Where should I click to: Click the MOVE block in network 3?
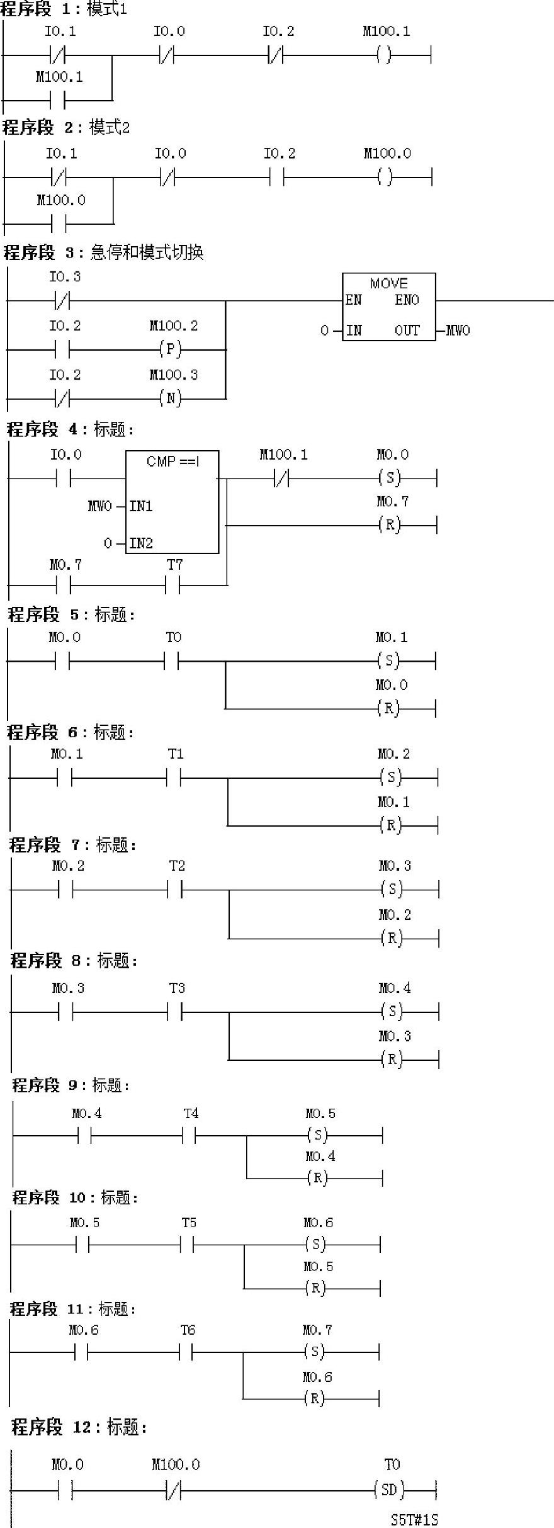tap(388, 307)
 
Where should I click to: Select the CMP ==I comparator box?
tap(172, 502)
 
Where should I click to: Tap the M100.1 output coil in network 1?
tap(384, 55)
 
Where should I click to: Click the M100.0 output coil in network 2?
tap(385, 178)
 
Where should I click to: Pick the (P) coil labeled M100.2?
tap(170, 349)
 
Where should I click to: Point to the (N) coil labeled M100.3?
tap(170, 398)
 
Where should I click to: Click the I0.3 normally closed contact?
tap(62, 301)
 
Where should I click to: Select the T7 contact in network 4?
tap(173, 586)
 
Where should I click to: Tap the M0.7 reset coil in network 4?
tap(390, 524)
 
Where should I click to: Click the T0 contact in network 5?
tap(171, 661)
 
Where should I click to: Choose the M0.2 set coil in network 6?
tap(390, 778)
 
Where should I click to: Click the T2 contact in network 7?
tap(175, 890)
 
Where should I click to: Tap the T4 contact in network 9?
tap(189, 1135)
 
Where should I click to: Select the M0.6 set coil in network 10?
tap(315, 1243)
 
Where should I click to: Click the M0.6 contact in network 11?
tap(81, 1351)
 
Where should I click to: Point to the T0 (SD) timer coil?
tap(389, 1490)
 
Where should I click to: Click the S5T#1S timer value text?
tap(414, 1519)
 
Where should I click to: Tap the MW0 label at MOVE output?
tap(458, 331)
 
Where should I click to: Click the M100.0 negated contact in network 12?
tap(173, 1490)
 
